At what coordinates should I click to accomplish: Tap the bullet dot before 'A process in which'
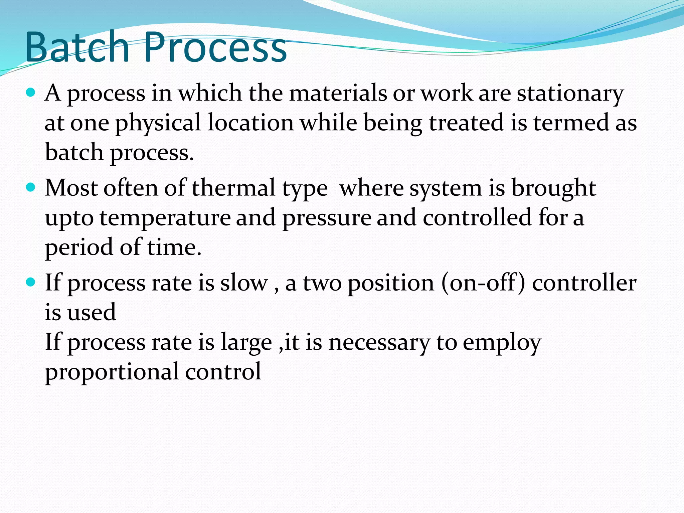(30, 93)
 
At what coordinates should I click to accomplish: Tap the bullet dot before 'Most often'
(30, 188)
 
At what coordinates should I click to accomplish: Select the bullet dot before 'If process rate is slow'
(30, 283)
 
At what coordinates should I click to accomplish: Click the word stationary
(570, 94)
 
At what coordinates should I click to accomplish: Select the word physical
(158, 123)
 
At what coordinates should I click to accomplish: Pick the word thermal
(233, 188)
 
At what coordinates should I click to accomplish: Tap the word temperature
(165, 218)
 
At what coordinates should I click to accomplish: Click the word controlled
(477, 217)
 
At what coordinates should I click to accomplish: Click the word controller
(584, 283)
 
